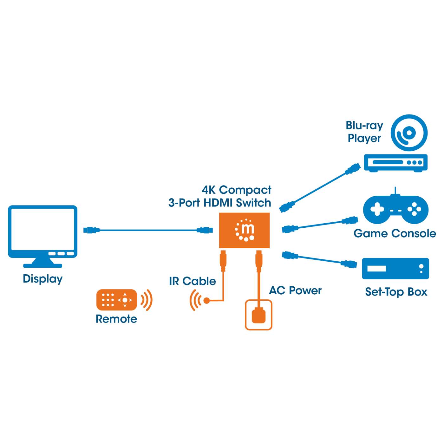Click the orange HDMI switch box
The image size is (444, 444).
coord(244,230)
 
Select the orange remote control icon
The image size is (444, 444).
coord(117,300)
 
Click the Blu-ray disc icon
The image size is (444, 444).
coord(409,133)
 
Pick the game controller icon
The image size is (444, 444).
coord(395,209)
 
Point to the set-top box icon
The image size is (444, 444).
coord(395,269)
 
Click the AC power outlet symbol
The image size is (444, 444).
coord(258,315)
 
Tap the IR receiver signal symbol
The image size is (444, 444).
coord(199,300)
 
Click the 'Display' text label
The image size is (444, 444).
coord(42,279)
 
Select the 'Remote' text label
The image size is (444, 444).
coord(116,319)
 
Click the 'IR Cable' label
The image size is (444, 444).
coord(192,281)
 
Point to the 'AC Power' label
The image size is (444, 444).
coord(295,291)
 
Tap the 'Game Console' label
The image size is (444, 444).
coord(395,234)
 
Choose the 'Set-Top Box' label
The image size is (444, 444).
coord(396,292)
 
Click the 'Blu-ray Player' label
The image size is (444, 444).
coord(364,132)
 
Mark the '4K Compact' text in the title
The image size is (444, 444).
coord(237,190)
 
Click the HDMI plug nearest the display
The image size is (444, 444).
coord(91,230)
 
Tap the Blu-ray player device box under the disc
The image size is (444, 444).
coord(395,163)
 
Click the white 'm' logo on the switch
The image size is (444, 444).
coord(247,228)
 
